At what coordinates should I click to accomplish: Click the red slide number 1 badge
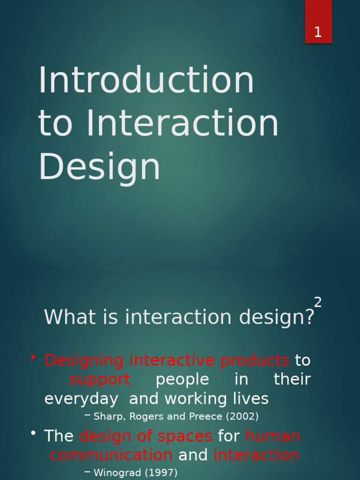[x=318, y=22]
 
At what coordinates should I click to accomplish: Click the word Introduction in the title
[x=146, y=80]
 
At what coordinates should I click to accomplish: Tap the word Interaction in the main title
[x=182, y=123]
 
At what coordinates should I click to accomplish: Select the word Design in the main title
[x=99, y=167]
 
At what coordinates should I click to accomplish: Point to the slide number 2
[x=318, y=303]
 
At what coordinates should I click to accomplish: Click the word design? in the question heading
[x=277, y=318]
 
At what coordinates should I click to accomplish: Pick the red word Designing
[x=84, y=361]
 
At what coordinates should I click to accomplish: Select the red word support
[x=99, y=380]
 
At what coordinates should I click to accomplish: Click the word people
[x=182, y=380]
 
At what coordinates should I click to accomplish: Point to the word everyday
[x=81, y=399]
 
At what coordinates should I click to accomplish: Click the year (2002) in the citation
[x=242, y=416]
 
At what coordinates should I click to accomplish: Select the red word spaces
[x=185, y=436]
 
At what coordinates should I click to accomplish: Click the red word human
[x=273, y=436]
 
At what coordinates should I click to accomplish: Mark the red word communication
[x=111, y=455]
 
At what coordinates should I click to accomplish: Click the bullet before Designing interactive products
[x=33, y=358]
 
